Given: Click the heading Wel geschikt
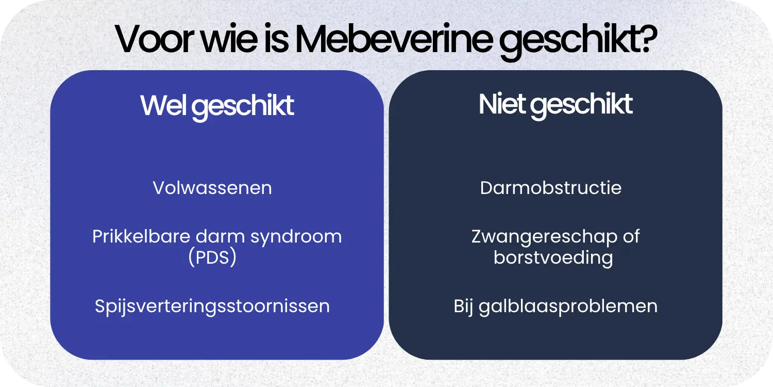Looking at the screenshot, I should click(x=217, y=106).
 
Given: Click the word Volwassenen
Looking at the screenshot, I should click(x=212, y=188).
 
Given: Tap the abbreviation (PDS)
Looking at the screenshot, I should click(x=212, y=257).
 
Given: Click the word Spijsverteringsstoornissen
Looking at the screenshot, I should click(x=212, y=306).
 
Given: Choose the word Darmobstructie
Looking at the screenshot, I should click(x=550, y=188).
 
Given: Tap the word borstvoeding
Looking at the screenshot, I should click(x=553, y=257).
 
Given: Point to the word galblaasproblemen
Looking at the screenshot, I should click(x=568, y=306).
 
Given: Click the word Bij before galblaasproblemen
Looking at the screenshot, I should click(x=464, y=306).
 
